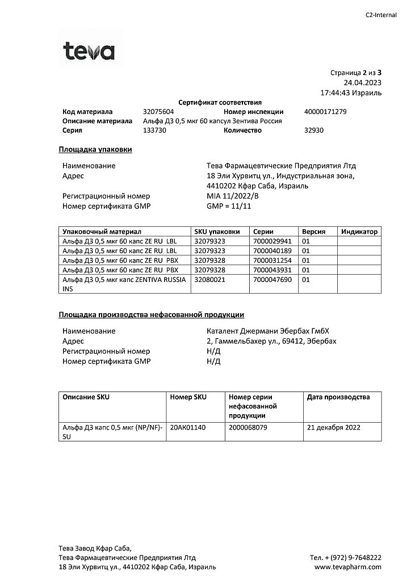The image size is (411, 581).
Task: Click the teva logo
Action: click(89, 51)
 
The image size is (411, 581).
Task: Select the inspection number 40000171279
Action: click(325, 112)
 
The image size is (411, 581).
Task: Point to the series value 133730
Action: click(154, 130)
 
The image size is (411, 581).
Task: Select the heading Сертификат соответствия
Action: click(220, 103)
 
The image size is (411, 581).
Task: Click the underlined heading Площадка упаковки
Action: click(95, 149)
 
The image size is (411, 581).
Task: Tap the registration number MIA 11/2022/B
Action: click(232, 196)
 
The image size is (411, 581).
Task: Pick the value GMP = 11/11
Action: click(229, 205)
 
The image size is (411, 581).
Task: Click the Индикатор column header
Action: click(359, 231)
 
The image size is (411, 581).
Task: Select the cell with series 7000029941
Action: click(272, 241)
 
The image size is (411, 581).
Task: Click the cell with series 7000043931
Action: click(272, 270)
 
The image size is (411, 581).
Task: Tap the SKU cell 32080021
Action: click(210, 279)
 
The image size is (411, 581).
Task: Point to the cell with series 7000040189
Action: click(272, 250)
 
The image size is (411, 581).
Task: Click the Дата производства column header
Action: click(338, 397)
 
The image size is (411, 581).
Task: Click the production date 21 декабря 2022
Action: click(333, 427)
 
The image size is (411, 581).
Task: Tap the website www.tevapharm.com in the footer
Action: click(347, 567)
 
